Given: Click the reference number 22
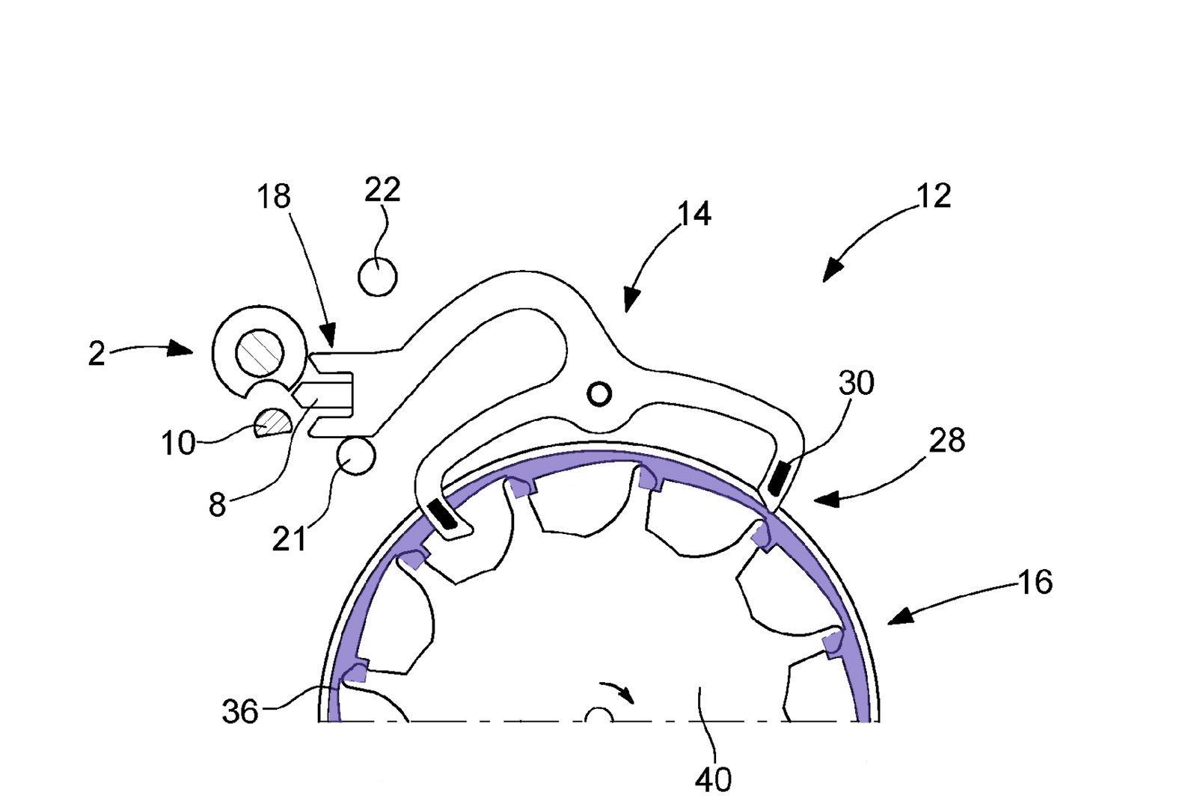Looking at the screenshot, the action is [382, 190].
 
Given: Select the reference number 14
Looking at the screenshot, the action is [694, 215].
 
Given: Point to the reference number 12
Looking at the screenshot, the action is [933, 196].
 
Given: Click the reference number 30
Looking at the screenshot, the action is [857, 383].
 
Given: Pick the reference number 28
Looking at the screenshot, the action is [947, 441].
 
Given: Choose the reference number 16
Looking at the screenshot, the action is [1035, 582].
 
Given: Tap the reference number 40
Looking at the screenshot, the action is [713, 780].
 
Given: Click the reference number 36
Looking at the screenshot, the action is [240, 712].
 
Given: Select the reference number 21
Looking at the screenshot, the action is [289, 539].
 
